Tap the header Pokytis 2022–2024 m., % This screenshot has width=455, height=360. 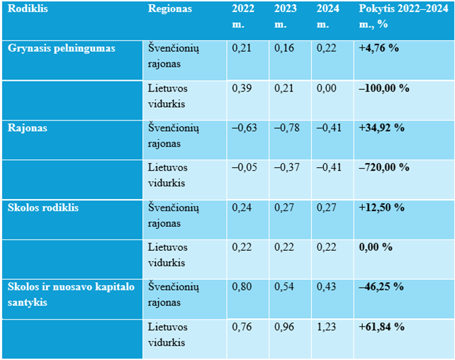click(403, 16)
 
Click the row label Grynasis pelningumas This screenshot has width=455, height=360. click(61, 48)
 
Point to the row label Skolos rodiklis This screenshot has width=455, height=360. click(43, 208)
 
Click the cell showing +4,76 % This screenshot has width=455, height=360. click(381, 49)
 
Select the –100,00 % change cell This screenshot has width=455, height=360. click(385, 89)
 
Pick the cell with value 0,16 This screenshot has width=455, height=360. click(283, 49)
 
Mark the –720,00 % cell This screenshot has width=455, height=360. click(385, 167)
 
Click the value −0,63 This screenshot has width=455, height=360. click(245, 128)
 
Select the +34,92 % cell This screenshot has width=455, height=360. click(382, 128)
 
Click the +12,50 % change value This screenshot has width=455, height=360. click(382, 208)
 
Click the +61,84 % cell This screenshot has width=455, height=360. click(382, 327)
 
